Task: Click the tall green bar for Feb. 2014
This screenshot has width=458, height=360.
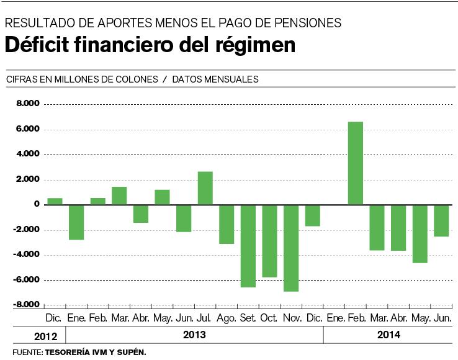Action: (355, 163)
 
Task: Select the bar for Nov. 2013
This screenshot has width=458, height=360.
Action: (291, 248)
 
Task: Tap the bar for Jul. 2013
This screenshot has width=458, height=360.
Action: (205, 188)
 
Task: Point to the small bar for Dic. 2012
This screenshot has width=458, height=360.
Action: (55, 201)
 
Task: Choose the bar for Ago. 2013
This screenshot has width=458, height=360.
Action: (227, 224)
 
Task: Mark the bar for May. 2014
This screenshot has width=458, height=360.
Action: (420, 233)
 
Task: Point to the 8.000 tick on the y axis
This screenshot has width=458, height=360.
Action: (29, 104)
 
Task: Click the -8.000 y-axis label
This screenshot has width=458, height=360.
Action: (27, 305)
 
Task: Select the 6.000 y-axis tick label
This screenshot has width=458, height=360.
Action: (29, 129)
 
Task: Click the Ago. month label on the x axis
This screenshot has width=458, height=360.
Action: (227, 318)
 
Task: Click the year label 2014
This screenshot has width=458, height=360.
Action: (388, 335)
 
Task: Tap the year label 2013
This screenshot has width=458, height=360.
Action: (194, 335)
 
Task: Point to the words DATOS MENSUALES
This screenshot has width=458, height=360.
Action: (215, 79)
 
